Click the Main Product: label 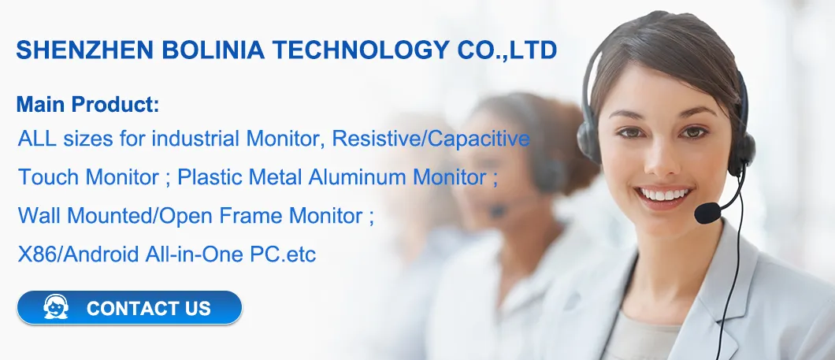pos(87,104)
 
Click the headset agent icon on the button pos(56,307)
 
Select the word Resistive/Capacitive pos(431,139)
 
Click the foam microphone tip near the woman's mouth pos(707,213)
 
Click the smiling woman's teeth pos(663,194)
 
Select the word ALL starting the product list pos(35,139)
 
